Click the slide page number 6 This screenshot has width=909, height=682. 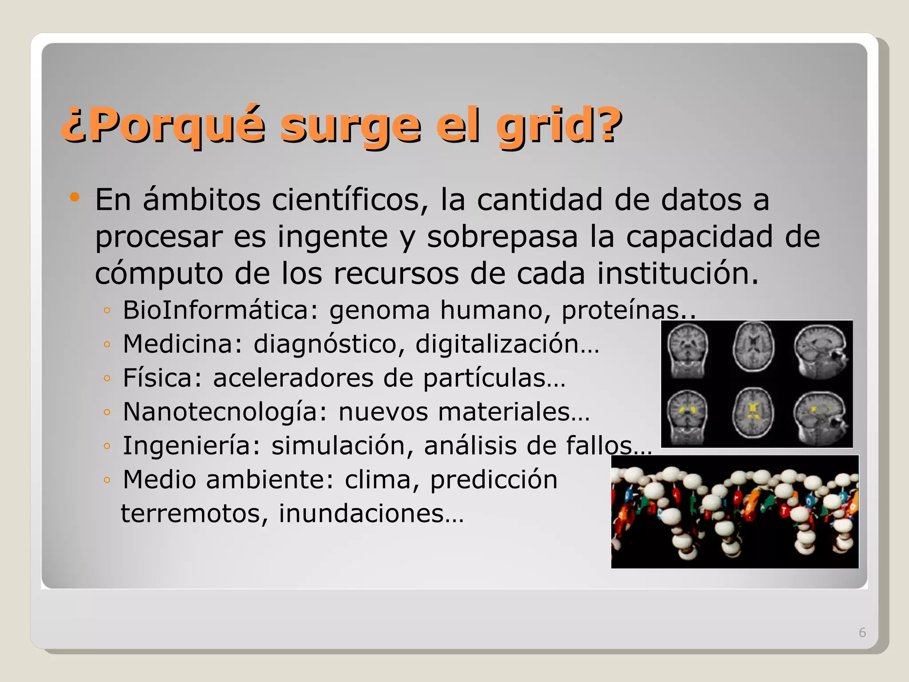(x=862, y=632)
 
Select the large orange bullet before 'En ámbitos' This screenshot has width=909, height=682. (x=75, y=197)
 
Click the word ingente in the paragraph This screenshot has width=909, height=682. (x=332, y=237)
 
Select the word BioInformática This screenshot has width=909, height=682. (x=221, y=309)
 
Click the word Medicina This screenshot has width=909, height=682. (x=182, y=344)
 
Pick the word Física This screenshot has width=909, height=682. (x=162, y=378)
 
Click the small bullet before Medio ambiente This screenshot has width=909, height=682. (x=107, y=480)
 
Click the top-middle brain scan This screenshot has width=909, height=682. (x=753, y=347)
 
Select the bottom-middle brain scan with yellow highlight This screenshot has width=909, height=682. (x=753, y=412)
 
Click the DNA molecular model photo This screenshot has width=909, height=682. (x=735, y=511)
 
